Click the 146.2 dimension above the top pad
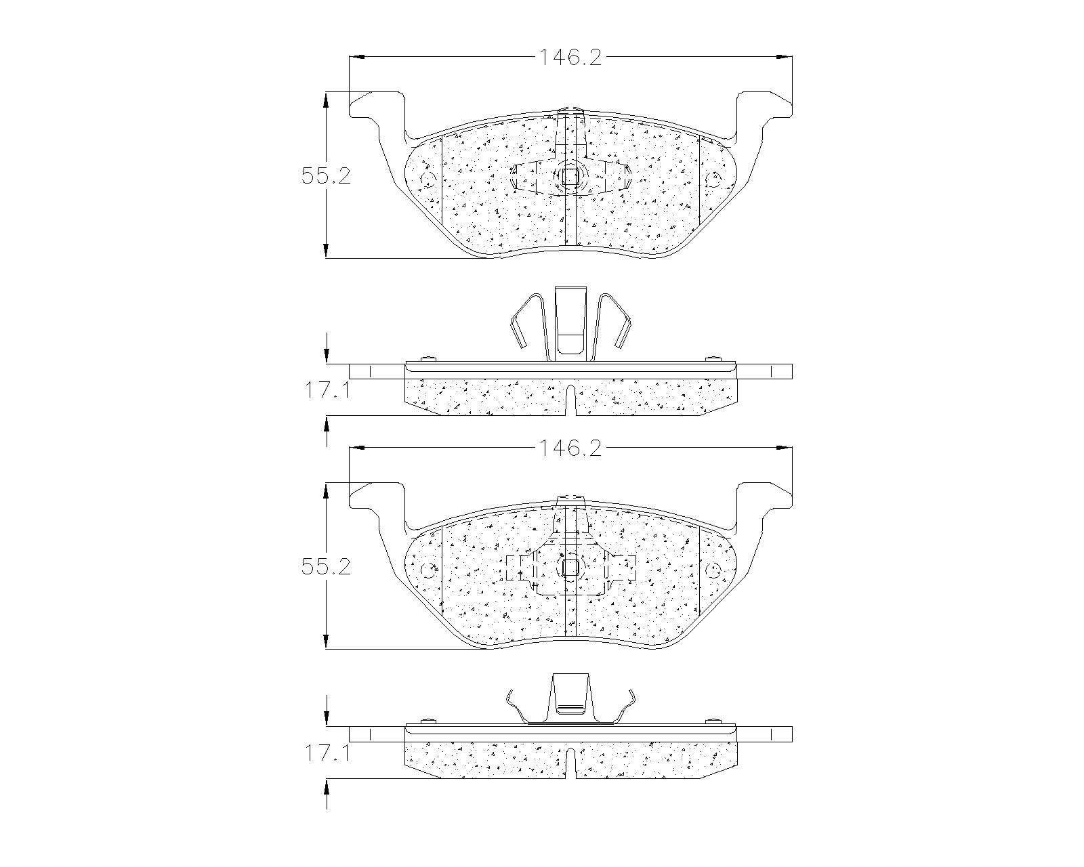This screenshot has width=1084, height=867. (570, 57)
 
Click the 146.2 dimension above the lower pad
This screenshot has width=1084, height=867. (570, 448)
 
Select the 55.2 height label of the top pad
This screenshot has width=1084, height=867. (326, 176)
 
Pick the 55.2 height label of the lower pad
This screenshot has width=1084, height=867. (326, 567)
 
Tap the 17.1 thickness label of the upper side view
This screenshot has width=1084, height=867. (327, 390)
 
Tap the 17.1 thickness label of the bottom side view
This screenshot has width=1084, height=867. (327, 753)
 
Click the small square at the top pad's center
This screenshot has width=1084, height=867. (570, 177)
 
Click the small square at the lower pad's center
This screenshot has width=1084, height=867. (570, 568)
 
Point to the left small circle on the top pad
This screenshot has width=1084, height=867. (428, 179)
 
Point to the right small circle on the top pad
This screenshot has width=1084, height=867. (713, 179)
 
